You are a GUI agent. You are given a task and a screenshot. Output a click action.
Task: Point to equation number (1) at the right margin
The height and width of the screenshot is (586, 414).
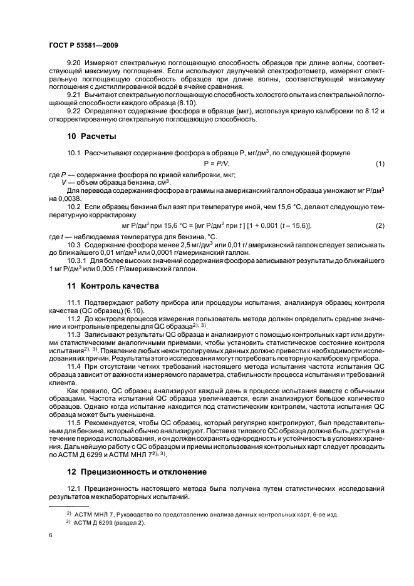pyautogui.click(x=380, y=163)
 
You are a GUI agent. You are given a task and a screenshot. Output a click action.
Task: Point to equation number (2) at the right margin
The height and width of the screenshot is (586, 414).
pyautogui.click(x=380, y=225)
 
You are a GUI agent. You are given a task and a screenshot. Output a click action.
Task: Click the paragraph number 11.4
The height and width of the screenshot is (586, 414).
pyautogui.click(x=75, y=366)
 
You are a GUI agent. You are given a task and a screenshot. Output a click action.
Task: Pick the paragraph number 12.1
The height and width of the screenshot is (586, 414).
pyautogui.click(x=75, y=487)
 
